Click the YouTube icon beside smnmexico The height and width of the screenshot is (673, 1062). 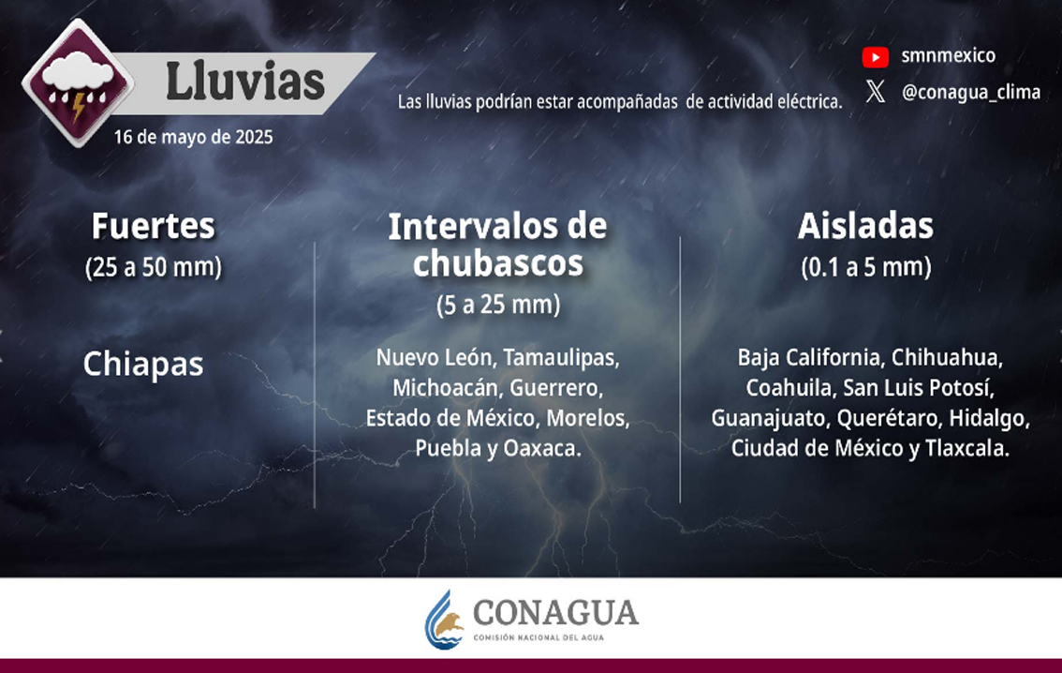click(x=875, y=57)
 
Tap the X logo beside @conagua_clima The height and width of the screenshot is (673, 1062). click(x=875, y=91)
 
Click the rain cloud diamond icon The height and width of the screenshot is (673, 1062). click(x=78, y=83)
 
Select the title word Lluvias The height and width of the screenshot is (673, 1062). click(x=245, y=82)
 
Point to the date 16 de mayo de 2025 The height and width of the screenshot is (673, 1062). click(x=193, y=138)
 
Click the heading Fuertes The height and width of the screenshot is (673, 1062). click(x=153, y=226)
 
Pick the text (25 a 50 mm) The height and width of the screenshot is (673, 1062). click(x=153, y=267)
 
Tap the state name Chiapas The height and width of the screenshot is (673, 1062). click(x=143, y=365)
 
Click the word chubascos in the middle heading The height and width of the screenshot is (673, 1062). click(x=498, y=263)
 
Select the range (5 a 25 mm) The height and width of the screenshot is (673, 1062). click(x=498, y=305)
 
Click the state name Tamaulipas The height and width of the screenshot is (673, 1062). click(x=561, y=358)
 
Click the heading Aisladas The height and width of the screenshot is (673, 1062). click(x=865, y=226)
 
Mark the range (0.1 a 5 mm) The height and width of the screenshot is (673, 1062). click(x=865, y=267)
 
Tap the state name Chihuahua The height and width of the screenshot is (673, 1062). click(x=947, y=358)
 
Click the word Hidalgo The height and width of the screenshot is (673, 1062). click(x=989, y=418)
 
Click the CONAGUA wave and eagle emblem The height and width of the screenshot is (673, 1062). click(x=444, y=620)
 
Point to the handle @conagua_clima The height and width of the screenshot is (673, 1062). click(x=970, y=92)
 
